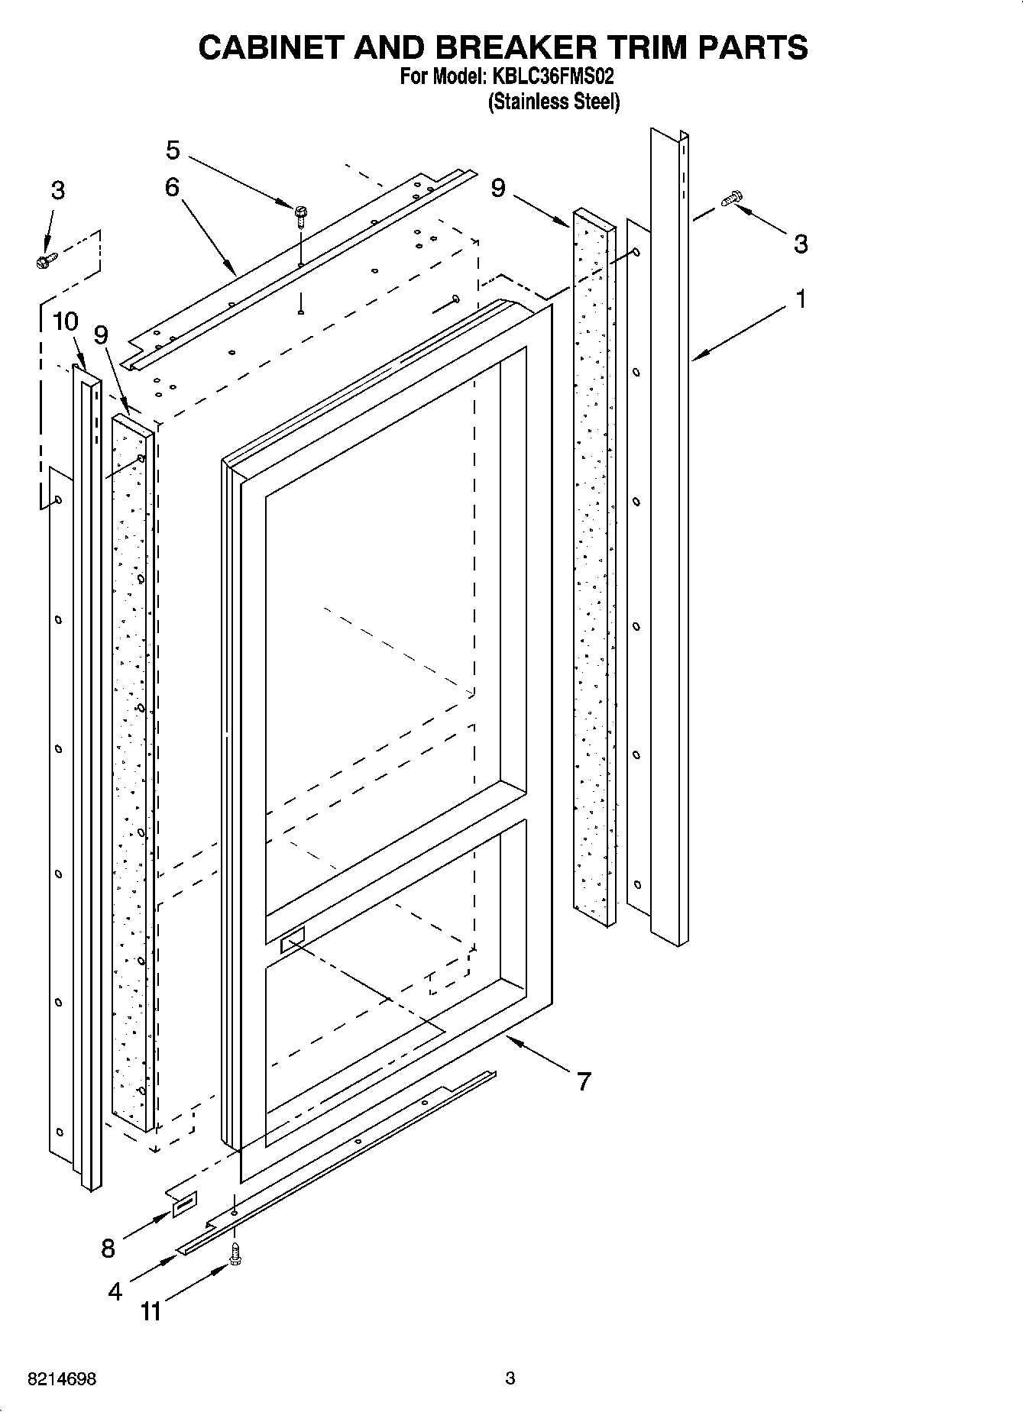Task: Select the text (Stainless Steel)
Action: (554, 102)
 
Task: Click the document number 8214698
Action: (61, 1379)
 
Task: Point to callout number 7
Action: (584, 1081)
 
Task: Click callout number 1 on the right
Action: (801, 299)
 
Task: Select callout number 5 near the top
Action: (173, 150)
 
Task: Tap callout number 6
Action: (172, 187)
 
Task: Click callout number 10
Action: (66, 321)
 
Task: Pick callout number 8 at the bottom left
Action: (108, 1249)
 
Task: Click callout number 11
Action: (151, 1312)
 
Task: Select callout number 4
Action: (115, 1291)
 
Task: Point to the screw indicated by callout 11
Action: (236, 1254)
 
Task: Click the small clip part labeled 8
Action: (184, 1204)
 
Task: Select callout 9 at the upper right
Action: (498, 187)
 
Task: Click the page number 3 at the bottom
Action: (510, 1378)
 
